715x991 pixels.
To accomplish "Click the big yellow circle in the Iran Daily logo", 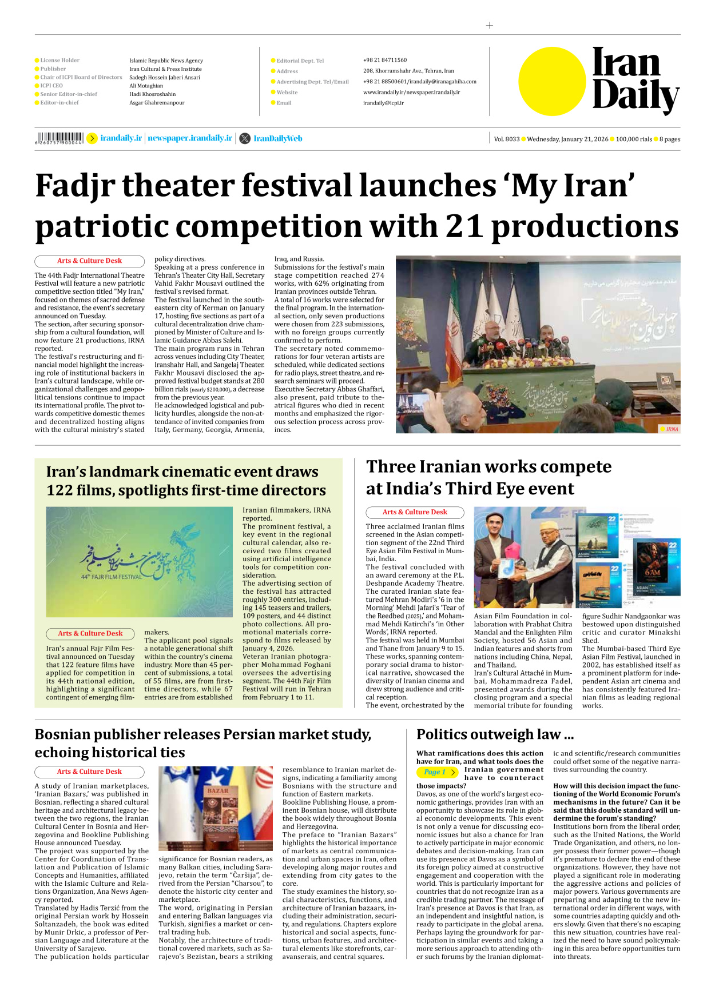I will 552,82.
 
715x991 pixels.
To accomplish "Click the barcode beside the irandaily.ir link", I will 59,138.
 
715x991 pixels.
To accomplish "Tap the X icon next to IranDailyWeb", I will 245,138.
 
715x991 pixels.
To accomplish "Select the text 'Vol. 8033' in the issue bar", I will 506,139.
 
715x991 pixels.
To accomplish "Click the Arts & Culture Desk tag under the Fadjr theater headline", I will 89,261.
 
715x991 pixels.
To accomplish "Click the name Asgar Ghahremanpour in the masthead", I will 157,103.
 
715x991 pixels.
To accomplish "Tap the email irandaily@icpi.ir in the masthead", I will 383,103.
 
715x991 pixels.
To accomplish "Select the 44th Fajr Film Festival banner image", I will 139,562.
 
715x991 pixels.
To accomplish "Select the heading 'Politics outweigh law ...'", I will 495,734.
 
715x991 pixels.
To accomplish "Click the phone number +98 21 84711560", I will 384,60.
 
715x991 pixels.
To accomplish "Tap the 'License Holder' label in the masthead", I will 59,60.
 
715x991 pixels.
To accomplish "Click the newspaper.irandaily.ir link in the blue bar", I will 190,138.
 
